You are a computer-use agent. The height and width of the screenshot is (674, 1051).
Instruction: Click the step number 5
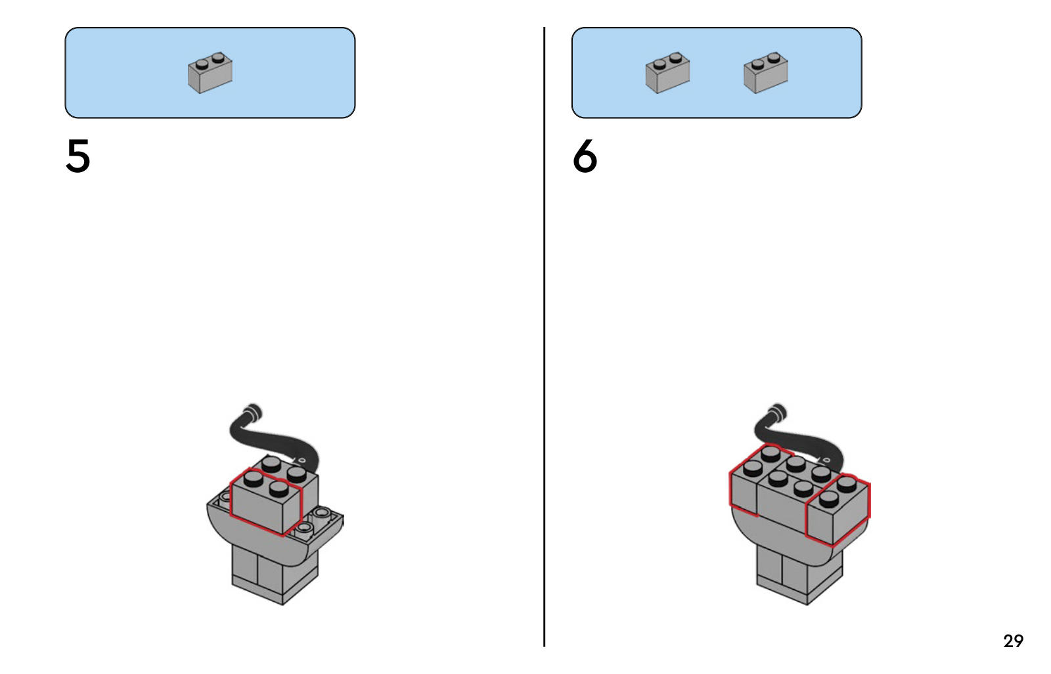(x=78, y=156)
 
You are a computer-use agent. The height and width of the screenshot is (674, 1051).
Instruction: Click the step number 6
(x=585, y=156)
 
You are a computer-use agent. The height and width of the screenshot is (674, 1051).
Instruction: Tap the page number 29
(x=1013, y=640)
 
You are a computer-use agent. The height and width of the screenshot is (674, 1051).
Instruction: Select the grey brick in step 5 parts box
(x=210, y=72)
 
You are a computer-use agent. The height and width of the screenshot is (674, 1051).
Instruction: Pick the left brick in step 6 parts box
(x=667, y=72)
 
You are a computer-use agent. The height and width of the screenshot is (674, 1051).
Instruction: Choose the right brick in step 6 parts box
(x=765, y=72)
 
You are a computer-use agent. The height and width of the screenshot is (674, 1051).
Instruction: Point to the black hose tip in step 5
(x=252, y=414)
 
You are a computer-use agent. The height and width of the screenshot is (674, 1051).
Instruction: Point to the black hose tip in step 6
(x=777, y=413)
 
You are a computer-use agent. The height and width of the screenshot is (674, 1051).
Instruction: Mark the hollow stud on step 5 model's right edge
(x=321, y=513)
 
